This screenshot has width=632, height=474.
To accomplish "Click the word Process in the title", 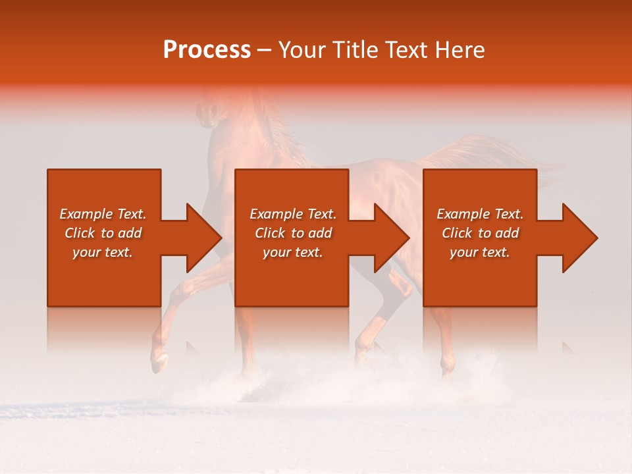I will pos(207,50).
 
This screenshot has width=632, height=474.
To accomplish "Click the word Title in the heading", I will pos(354,50).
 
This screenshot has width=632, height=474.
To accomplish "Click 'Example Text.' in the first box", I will pos(103,214).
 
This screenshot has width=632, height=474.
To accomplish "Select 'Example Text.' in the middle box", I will pos(293,214).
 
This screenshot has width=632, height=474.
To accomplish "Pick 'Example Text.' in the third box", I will pos(480,214).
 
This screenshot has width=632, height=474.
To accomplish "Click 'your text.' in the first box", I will pos(103,252).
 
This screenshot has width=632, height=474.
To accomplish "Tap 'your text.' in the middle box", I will pos(293,252).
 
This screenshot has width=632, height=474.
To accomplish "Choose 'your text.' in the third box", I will pos(480,252).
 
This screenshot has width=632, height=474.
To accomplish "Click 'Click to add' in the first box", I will pos(103,233).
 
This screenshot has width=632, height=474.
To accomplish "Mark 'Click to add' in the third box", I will pos(480,233).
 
